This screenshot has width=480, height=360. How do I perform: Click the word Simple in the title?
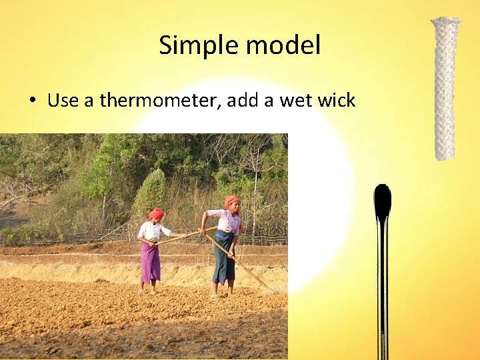[199, 46]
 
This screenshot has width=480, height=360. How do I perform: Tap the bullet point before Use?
[32, 102]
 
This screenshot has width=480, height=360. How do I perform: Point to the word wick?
[335, 101]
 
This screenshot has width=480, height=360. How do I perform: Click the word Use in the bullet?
[63, 101]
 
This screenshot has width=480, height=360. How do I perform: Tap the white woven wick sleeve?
[445, 93]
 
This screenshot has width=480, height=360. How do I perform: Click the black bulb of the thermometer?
[382, 201]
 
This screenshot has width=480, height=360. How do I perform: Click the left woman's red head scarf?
[155, 213]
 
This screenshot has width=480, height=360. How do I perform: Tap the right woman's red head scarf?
[232, 201]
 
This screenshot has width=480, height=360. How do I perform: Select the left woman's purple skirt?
[150, 261]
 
